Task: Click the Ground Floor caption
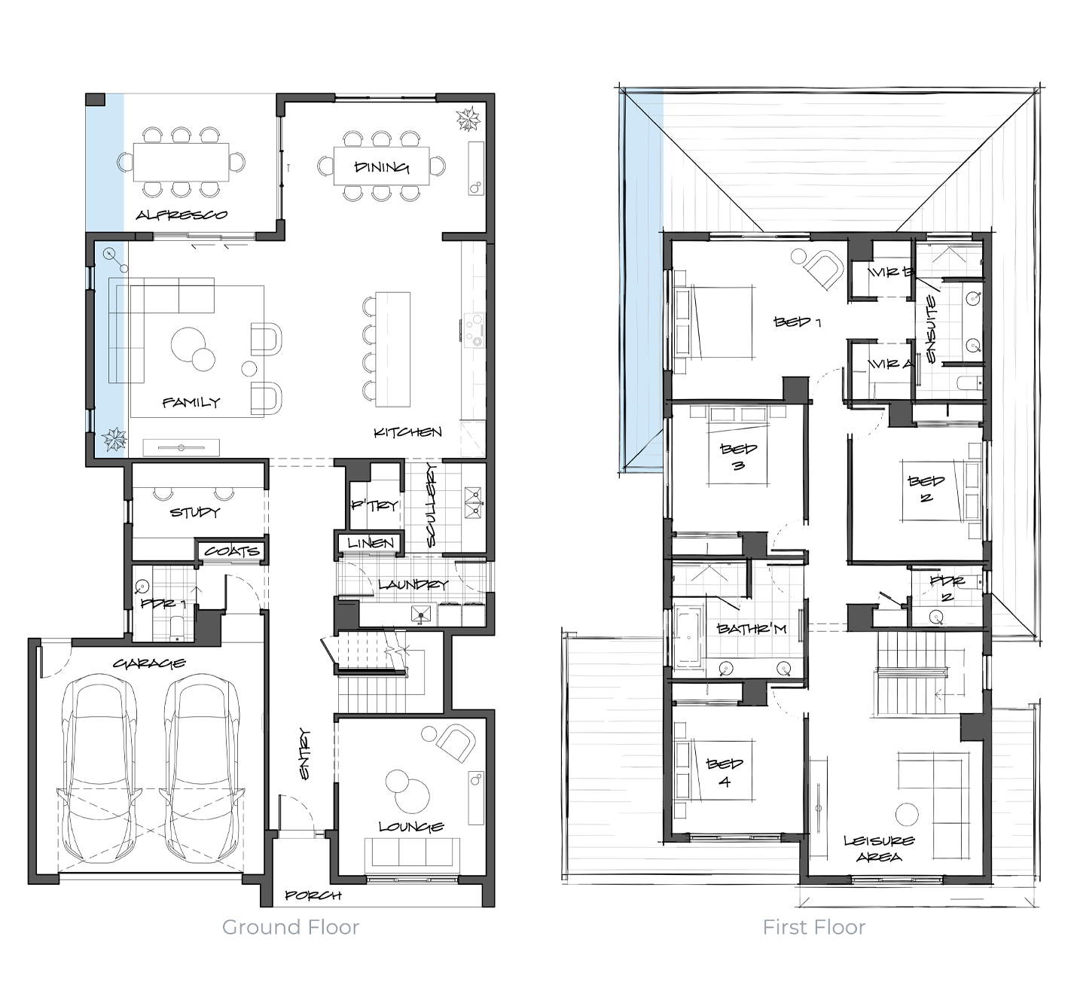(x=291, y=927)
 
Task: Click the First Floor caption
(x=814, y=927)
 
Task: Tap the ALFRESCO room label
(x=181, y=215)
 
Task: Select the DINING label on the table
(x=382, y=167)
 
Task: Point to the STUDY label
(x=194, y=512)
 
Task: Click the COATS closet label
(x=231, y=551)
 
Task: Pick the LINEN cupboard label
(x=371, y=542)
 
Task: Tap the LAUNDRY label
(x=413, y=584)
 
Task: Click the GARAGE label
(x=149, y=663)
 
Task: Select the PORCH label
(x=313, y=895)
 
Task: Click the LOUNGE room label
(x=411, y=826)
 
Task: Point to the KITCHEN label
(x=407, y=432)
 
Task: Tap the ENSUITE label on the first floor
(x=931, y=329)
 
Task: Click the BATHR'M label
(x=752, y=629)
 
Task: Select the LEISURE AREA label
(x=880, y=849)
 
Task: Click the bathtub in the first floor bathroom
(x=688, y=635)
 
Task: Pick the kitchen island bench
(x=392, y=349)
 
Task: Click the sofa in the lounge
(x=412, y=852)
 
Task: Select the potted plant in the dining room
(x=468, y=119)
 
